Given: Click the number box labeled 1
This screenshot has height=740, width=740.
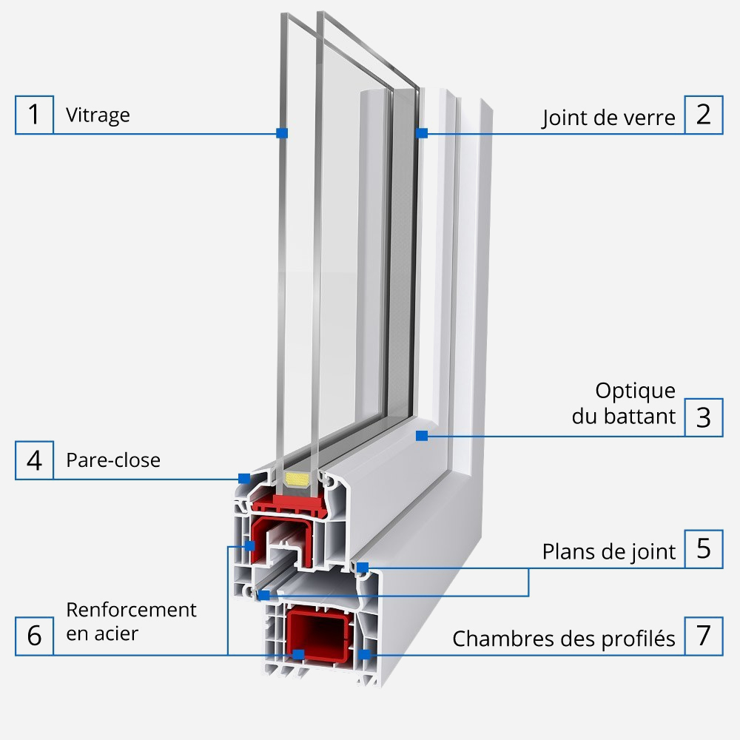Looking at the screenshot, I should click(34, 115).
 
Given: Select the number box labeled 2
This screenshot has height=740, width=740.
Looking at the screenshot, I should click(703, 115).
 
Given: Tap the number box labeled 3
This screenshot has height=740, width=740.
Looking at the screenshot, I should click(703, 417).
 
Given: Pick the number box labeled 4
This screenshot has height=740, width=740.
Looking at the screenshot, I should click(34, 460).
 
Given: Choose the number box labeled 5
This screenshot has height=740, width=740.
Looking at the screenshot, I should click(703, 549).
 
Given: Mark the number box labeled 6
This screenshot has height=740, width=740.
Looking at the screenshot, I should click(34, 636).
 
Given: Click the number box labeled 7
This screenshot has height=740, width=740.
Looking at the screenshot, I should click(703, 636).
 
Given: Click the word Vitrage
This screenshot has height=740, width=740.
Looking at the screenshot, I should click(98, 115).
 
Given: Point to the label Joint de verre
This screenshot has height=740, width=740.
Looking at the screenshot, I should click(608, 118).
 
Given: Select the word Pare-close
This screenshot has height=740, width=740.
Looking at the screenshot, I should click(113, 460).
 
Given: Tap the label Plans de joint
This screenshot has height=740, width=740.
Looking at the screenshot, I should click(608, 552).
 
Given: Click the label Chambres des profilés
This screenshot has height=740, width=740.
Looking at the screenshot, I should click(564, 638).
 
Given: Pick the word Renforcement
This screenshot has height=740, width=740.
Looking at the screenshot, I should click(132, 610).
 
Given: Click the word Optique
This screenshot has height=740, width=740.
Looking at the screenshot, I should click(635, 391).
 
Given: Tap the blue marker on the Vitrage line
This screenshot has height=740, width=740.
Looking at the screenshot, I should click(281, 133).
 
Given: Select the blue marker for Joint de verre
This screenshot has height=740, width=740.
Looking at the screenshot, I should click(422, 133).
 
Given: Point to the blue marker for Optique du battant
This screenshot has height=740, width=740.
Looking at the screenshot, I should click(421, 437).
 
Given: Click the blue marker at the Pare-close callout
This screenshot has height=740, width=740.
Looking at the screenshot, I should click(243, 479).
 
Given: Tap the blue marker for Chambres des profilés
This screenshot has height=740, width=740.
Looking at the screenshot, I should click(363, 654).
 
